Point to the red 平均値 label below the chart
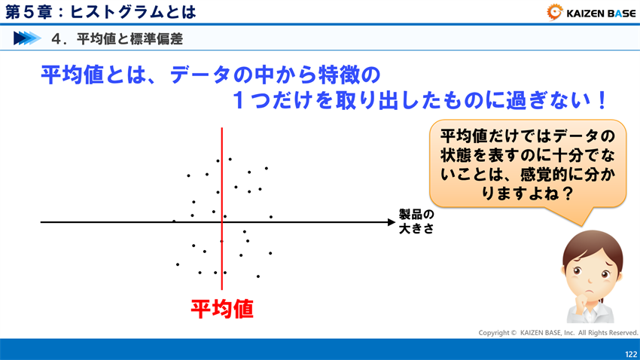(221, 309)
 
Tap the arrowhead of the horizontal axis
(389, 222)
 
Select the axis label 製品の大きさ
(416, 221)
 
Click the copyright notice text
(558, 332)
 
